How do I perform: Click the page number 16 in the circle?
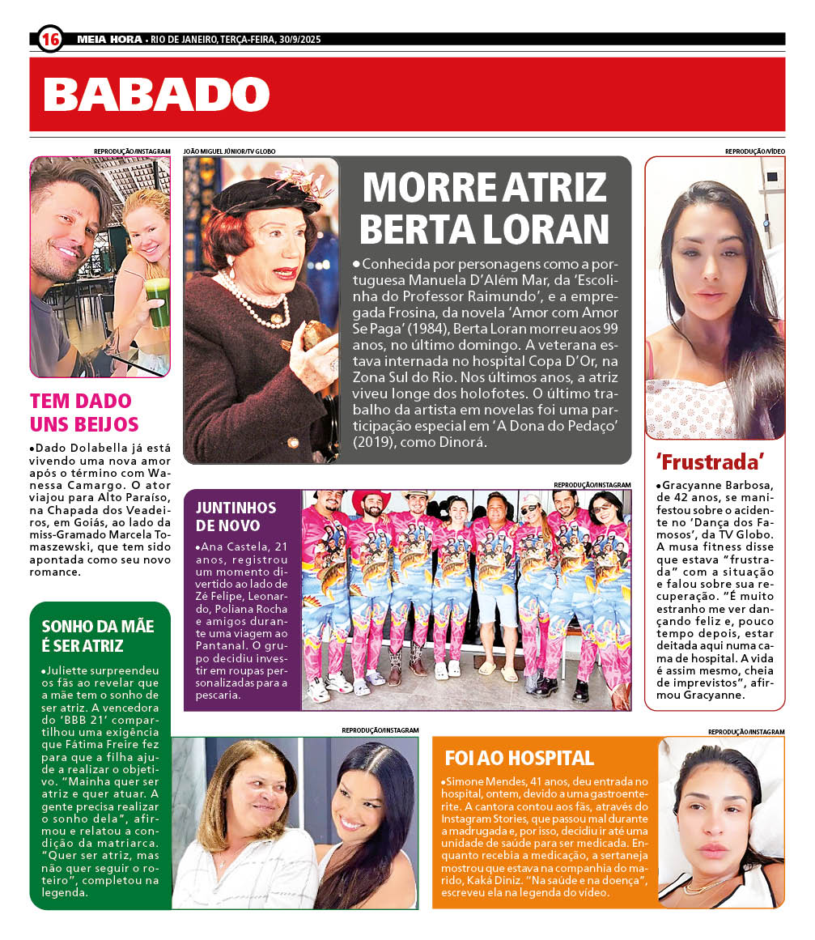pos(49,38)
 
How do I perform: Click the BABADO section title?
pos(156,94)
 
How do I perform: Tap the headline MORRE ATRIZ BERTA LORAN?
pos(484,207)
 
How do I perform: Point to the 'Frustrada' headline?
pos(711,462)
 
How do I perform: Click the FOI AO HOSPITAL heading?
pos(519,759)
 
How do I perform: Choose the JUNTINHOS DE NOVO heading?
pos(236,517)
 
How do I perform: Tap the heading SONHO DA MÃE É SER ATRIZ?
pos(97,636)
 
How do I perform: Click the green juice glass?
pos(157,301)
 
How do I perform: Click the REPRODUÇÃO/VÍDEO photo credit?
pos(754,151)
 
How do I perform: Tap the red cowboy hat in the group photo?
pos(371,503)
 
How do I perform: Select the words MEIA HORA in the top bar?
pos(108,39)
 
